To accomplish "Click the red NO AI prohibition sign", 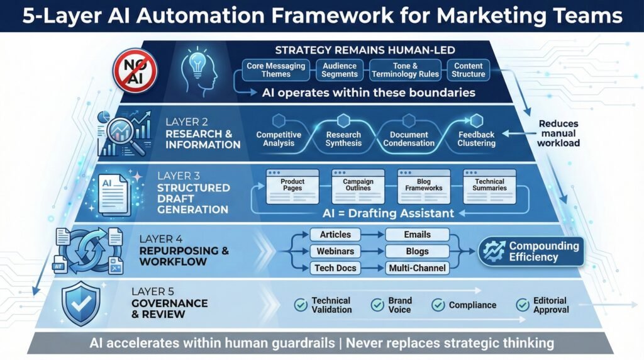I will tap(133, 70).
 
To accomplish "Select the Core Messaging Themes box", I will tap(275, 70).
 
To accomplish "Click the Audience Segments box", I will tap(340, 70).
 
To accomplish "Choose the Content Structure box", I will tap(469, 70).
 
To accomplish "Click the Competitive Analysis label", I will tap(279, 138).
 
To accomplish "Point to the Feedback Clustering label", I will tap(476, 138).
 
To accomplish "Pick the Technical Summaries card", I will tap(489, 186).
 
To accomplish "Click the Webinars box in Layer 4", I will tap(335, 251).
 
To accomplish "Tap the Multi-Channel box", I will tap(417, 268).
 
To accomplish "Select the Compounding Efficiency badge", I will tap(530, 251).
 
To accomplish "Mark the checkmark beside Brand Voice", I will tap(377, 305).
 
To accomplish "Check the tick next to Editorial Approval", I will tap(523, 305).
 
